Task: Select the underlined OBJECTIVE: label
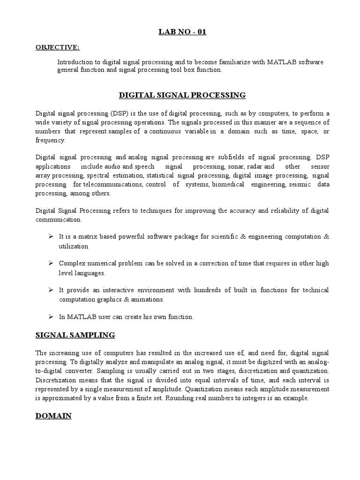(58, 47)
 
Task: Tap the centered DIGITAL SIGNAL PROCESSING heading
(182, 95)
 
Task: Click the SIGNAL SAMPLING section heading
(75, 335)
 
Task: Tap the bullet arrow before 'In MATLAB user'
(51, 316)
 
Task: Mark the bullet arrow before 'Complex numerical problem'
(51, 263)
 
